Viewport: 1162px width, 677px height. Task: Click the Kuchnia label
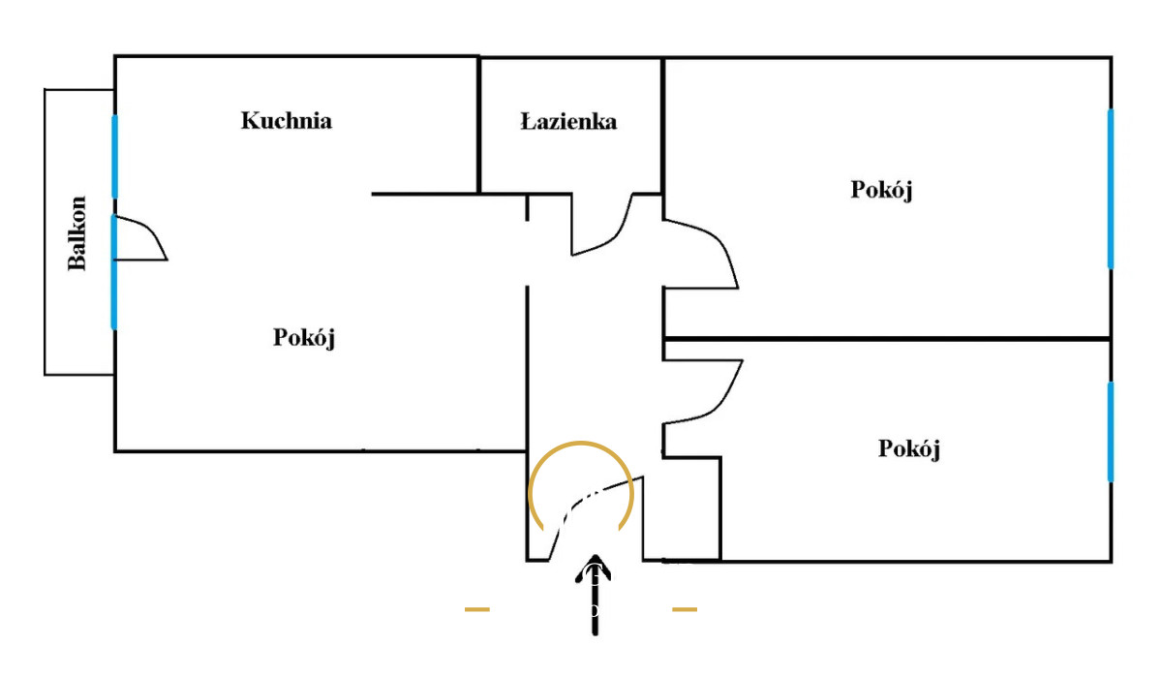(x=287, y=121)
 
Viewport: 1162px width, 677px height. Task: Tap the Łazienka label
(x=568, y=122)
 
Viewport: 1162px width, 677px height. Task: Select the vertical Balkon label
(x=77, y=232)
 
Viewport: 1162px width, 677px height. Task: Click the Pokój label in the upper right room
(x=882, y=190)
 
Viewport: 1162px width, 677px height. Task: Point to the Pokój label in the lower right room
(x=909, y=449)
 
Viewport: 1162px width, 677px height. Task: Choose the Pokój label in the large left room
(x=304, y=338)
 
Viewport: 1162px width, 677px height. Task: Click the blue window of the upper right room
(x=1110, y=188)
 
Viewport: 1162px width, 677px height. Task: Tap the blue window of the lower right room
(x=1110, y=432)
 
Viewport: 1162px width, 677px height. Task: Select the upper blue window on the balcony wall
(x=114, y=156)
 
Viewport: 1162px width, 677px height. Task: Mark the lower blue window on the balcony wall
(x=114, y=271)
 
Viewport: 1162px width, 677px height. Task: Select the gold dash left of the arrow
(x=477, y=609)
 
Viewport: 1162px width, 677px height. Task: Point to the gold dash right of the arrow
(x=685, y=609)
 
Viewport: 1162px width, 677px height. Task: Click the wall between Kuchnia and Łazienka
(x=480, y=124)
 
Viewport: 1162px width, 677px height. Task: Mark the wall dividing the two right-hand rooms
(x=886, y=339)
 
